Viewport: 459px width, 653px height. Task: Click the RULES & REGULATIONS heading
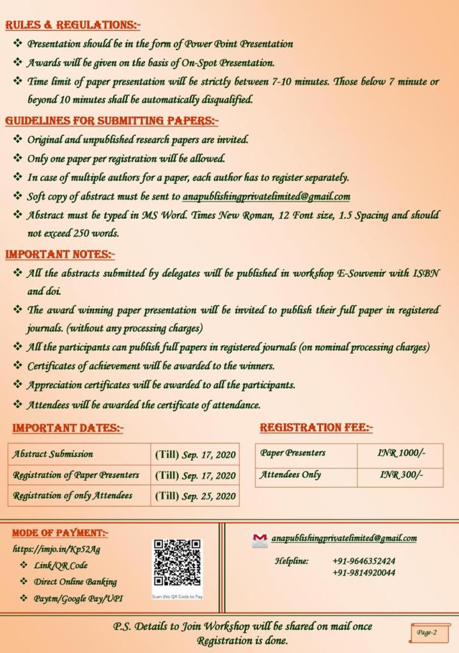point(72,25)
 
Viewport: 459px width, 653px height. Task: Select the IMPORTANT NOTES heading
point(59,254)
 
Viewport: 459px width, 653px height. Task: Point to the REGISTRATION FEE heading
point(316,427)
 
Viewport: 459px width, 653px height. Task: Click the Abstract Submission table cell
point(53,454)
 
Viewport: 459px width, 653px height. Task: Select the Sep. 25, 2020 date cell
point(195,496)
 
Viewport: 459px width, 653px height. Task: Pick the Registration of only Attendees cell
point(73,495)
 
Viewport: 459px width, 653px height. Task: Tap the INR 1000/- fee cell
point(401,453)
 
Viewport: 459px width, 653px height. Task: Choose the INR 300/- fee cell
point(401,474)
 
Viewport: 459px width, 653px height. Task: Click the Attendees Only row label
point(290,474)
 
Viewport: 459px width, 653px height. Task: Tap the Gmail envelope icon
point(260,540)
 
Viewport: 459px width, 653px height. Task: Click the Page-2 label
point(426,633)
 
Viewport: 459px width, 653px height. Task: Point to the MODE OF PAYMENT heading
point(60,532)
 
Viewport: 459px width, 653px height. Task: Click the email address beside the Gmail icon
point(344,539)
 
